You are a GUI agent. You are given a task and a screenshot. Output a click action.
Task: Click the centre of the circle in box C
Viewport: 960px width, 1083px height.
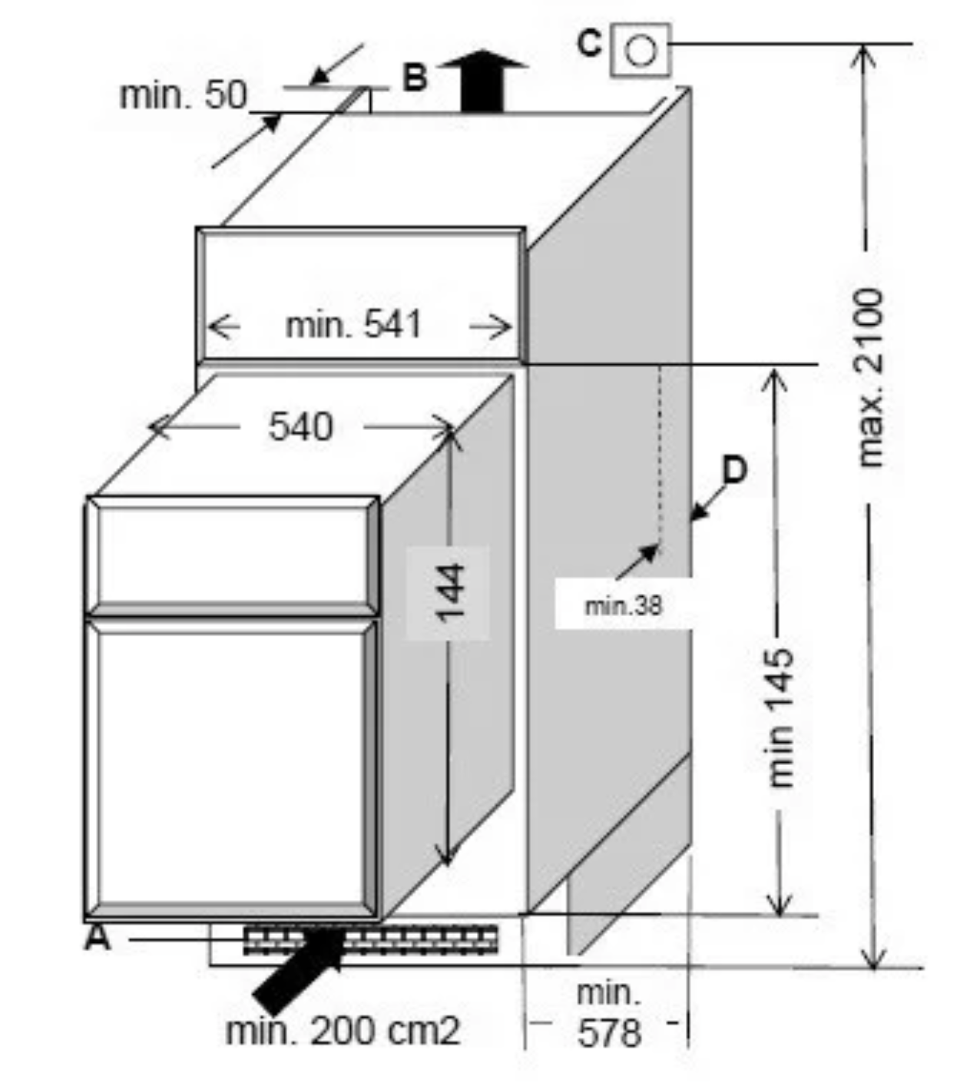(640, 51)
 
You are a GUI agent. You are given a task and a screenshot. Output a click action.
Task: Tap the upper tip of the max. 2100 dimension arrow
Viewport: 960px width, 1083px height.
(862, 45)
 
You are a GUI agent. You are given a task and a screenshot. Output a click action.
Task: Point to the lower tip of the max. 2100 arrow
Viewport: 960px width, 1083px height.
(872, 968)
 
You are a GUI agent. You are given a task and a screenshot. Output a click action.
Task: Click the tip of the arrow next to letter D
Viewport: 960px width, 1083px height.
(690, 520)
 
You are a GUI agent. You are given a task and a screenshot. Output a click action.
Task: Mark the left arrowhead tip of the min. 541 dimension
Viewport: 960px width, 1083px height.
(207, 326)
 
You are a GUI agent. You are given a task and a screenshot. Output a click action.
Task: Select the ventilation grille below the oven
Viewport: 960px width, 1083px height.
(370, 940)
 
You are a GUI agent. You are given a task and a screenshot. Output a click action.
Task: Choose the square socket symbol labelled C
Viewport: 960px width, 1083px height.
(640, 50)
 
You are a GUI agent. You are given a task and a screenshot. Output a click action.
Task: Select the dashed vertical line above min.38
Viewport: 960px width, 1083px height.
(660, 455)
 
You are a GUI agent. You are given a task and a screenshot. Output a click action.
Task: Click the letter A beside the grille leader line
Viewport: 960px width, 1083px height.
(98, 939)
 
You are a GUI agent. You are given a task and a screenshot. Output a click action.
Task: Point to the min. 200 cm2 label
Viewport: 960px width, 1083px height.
(343, 1031)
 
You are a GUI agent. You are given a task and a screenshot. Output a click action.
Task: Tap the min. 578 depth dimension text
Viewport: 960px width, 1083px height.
(609, 1014)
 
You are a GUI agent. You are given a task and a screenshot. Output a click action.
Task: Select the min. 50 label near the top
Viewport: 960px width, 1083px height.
(184, 95)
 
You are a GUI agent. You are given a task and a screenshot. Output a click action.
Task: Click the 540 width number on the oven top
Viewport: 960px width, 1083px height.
(300, 427)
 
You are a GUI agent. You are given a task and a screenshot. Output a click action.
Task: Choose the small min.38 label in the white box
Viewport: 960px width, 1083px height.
(624, 606)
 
